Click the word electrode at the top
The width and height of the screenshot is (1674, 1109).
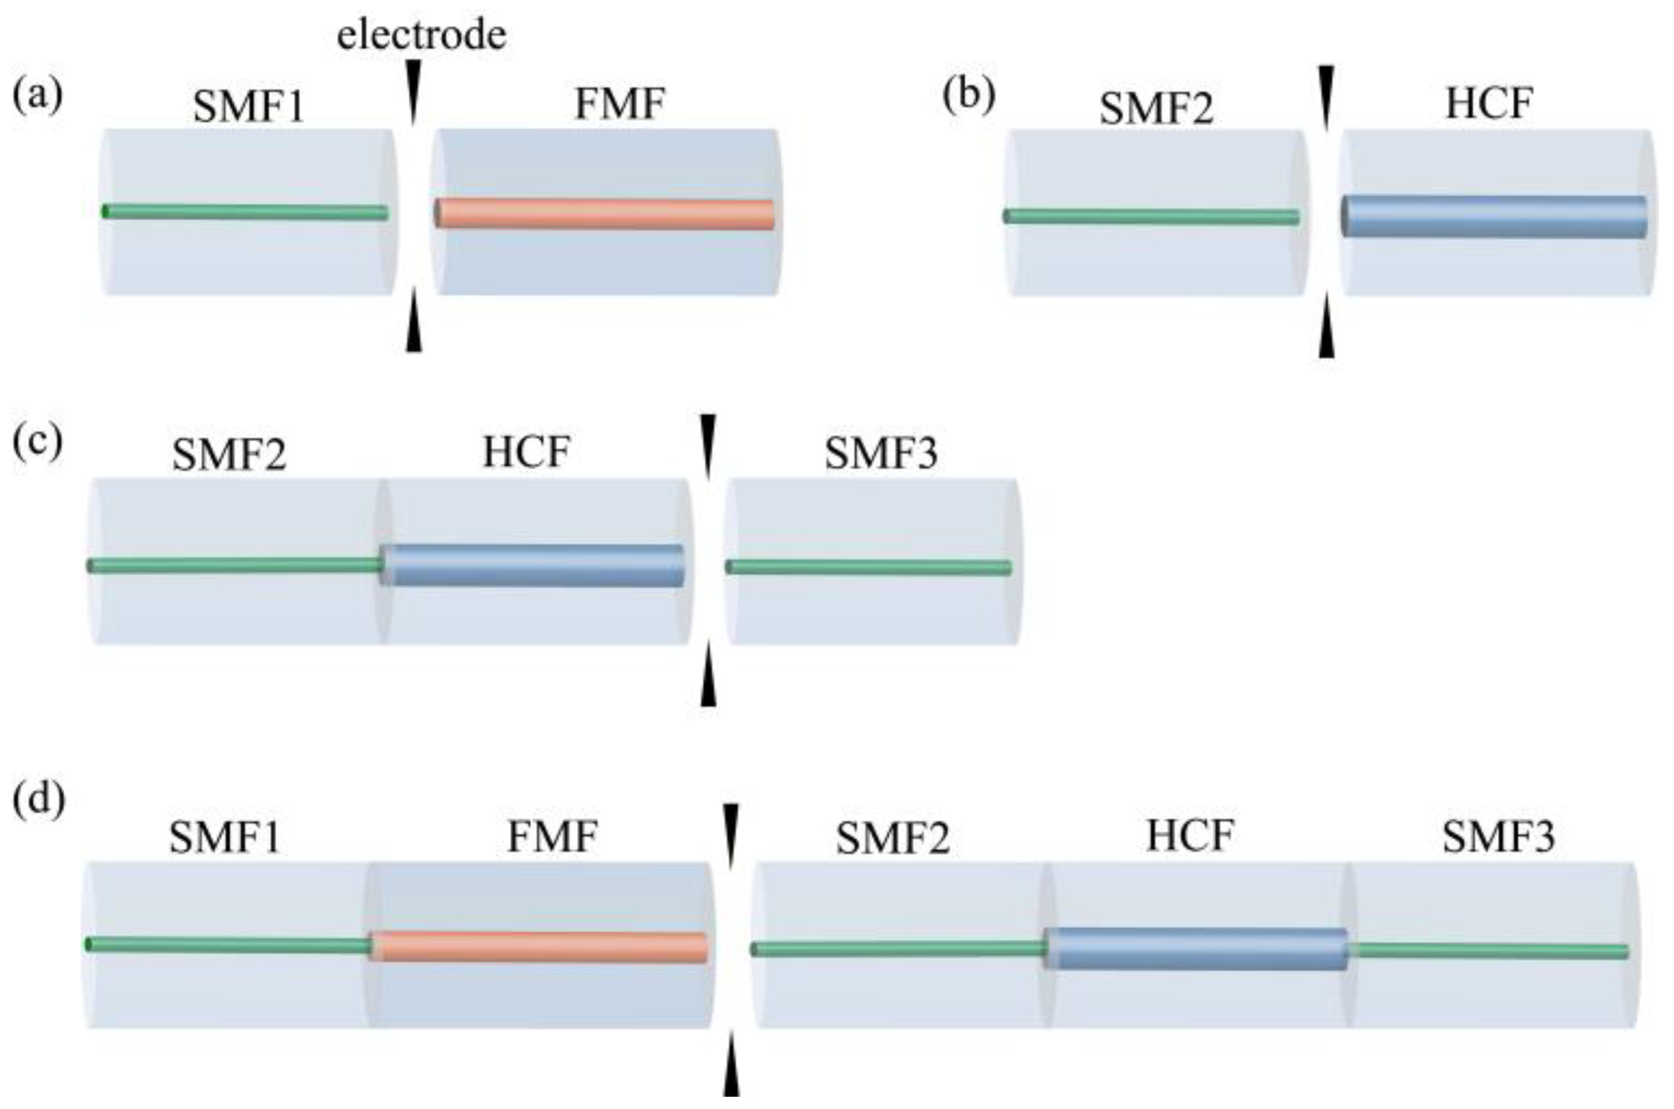[421, 35]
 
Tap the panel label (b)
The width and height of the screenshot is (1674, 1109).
[969, 96]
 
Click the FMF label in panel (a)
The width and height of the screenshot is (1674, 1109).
[619, 104]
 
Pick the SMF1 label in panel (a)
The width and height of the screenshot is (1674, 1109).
[249, 107]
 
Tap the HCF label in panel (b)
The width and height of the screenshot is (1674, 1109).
[1489, 104]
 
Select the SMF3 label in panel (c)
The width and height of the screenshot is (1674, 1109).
[881, 454]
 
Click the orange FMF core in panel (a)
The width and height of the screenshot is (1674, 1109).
[605, 214]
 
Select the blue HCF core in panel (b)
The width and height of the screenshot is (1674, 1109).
[1495, 216]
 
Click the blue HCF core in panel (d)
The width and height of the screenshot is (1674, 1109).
[1196, 949]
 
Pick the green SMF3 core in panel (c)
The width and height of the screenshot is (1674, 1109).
[868, 567]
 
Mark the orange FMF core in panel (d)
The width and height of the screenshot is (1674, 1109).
[540, 947]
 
